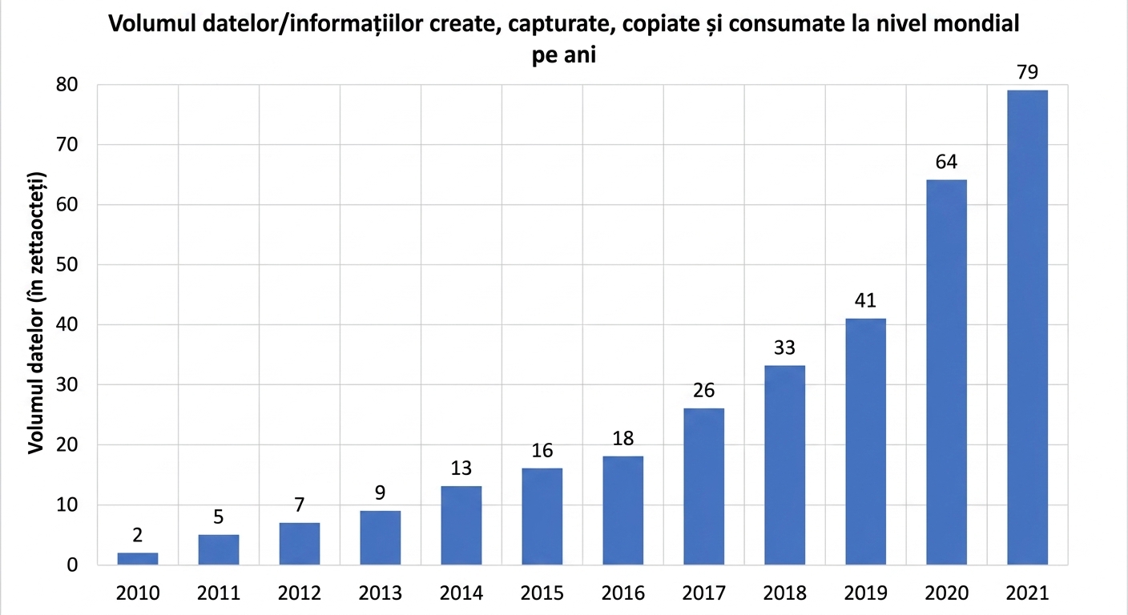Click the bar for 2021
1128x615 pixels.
click(x=1027, y=328)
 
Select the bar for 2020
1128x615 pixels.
click(x=946, y=372)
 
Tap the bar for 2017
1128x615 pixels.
click(x=703, y=486)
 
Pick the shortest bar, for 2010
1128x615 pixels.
click(x=138, y=559)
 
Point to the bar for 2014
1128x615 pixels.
click(x=461, y=525)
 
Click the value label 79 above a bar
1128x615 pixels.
click(x=1027, y=73)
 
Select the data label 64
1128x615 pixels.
click(x=946, y=162)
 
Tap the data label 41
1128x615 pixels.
click(x=865, y=300)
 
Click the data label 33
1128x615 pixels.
click(x=784, y=348)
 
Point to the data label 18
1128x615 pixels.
click(x=623, y=438)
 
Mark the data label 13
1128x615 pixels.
click(x=461, y=468)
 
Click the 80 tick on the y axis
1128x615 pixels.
click(x=67, y=85)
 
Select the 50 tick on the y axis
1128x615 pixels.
click(x=67, y=265)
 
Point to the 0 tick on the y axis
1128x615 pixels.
click(x=73, y=565)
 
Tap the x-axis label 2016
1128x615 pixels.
click(x=623, y=593)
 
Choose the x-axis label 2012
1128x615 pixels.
click(x=299, y=593)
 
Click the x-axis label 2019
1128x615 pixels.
click(x=865, y=593)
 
